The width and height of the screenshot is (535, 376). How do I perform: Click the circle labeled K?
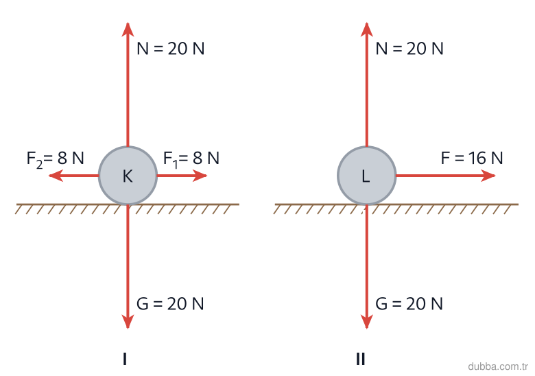pos(128,176)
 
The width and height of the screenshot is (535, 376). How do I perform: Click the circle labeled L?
pos(366,176)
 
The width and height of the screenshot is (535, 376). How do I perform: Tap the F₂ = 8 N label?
pos(56,159)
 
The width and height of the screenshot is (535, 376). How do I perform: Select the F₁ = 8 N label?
pos(191,159)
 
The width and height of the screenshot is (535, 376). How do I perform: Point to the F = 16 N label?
pos(472,158)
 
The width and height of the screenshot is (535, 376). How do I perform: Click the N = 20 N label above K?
pos(171,49)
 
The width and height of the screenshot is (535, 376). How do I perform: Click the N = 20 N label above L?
pos(409,49)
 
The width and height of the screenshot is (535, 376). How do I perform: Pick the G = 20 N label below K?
pos(170,304)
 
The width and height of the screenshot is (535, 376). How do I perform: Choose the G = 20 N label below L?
pos(409,304)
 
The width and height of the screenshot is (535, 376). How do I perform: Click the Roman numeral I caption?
pos(125,359)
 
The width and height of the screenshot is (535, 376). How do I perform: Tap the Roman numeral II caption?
pos(360,359)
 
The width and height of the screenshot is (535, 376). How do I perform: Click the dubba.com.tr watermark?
pos(498,366)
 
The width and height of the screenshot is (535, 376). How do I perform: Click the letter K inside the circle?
pos(128,176)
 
